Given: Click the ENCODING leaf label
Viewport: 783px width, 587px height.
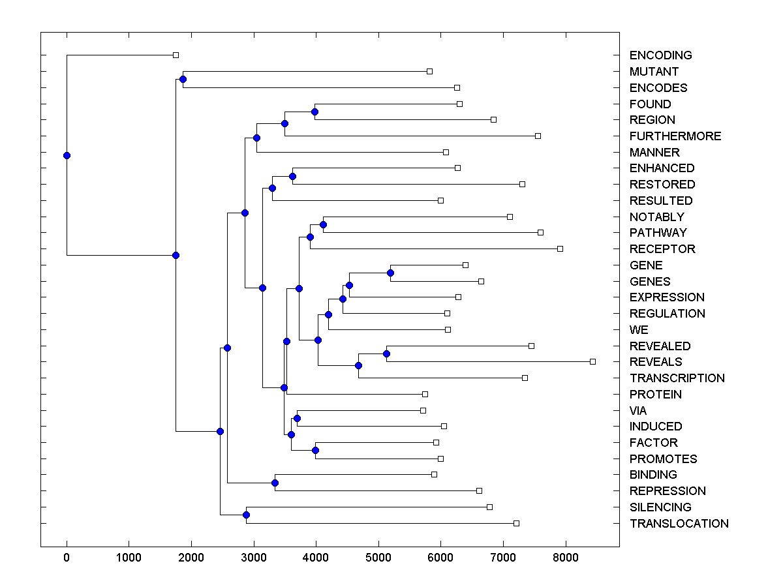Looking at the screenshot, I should click(660, 55).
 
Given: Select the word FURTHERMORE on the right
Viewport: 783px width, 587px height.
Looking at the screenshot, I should click(675, 136).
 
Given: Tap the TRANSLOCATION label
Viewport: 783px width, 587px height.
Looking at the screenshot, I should click(679, 524).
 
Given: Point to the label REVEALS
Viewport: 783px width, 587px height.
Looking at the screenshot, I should click(656, 362).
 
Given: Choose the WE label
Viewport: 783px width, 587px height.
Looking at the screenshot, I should click(639, 330).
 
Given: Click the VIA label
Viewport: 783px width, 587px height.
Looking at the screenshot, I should click(638, 411).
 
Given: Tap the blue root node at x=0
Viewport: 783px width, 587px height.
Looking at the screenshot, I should click(67, 155).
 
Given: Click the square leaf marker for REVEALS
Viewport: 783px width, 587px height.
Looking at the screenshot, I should click(592, 361).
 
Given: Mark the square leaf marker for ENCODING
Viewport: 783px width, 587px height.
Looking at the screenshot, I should click(176, 55).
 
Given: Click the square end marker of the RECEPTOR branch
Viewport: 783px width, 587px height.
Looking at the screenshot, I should click(560, 248).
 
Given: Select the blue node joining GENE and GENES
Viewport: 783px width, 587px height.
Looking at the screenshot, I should click(390, 273).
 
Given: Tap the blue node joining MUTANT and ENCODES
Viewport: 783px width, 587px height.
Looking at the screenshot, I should click(183, 79).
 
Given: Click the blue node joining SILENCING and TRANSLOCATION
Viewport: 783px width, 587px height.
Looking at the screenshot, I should click(246, 515).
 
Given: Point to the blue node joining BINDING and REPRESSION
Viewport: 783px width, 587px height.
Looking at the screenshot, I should click(275, 483).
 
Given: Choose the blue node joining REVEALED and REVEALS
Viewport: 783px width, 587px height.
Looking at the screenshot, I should click(386, 354).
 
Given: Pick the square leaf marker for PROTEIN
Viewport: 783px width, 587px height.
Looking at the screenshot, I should click(425, 394).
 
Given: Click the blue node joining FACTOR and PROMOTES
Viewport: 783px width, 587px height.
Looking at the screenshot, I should click(315, 450).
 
